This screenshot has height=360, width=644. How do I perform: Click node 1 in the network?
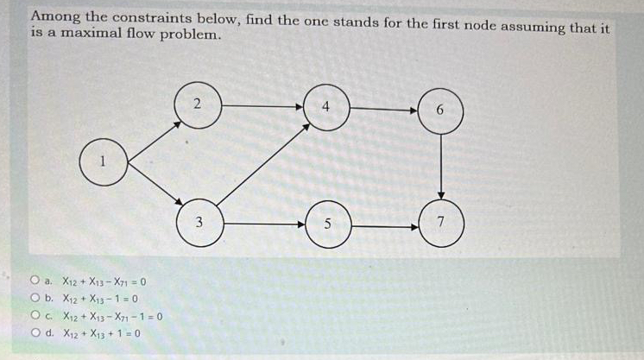[x=104, y=161]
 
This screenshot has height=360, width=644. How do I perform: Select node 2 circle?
[x=199, y=105]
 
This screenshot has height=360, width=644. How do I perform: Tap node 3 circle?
[x=199, y=223]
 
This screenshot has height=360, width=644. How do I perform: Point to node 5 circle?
[x=327, y=224]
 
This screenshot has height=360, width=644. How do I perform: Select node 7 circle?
[x=441, y=224]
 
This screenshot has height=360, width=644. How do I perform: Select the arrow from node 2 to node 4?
[x=262, y=106]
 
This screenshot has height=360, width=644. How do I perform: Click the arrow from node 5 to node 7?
[x=384, y=226]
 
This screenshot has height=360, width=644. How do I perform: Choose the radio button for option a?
[x=35, y=281]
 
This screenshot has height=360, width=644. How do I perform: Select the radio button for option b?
[x=35, y=298]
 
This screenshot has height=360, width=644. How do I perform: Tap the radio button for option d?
[x=35, y=332]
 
